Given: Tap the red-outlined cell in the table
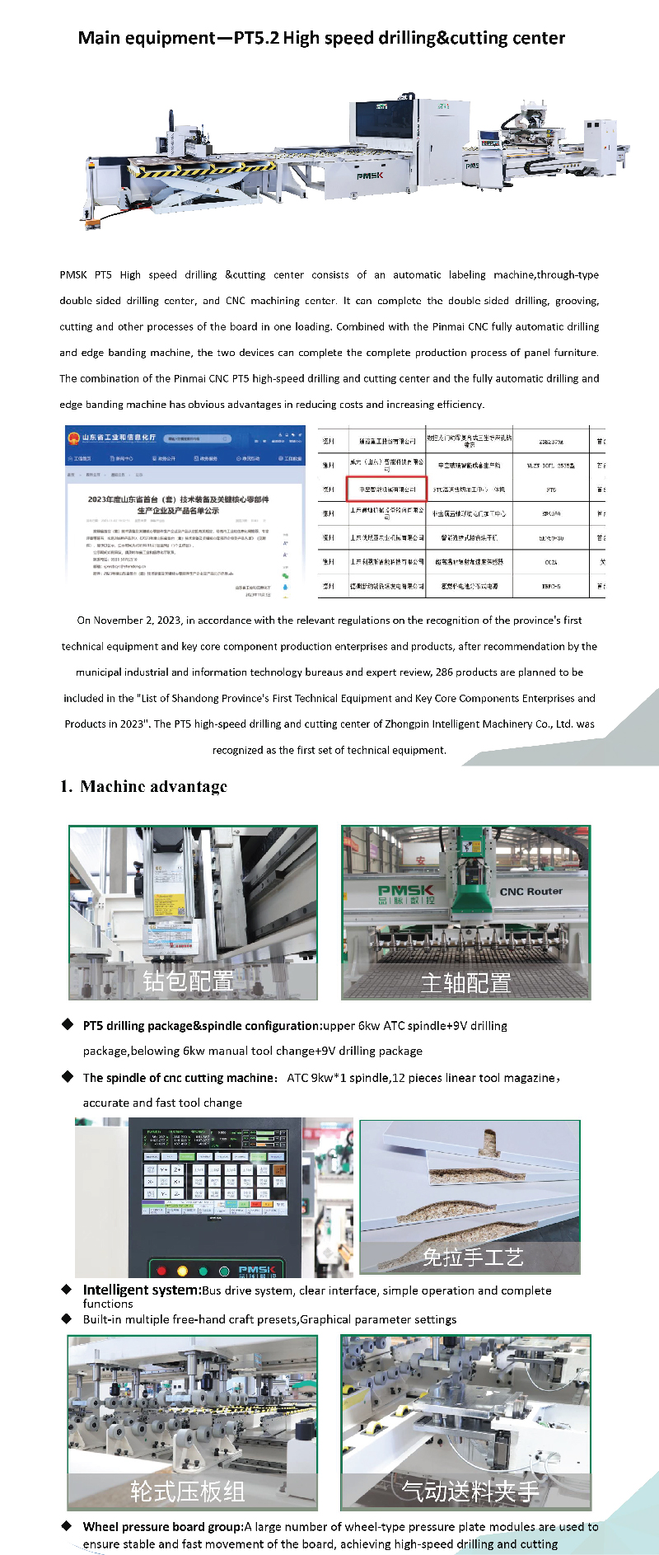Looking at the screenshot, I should coord(386,489).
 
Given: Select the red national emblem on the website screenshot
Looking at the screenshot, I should coord(73,438).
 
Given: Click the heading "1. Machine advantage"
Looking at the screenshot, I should coord(143,786).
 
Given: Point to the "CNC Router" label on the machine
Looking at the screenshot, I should coord(530,891).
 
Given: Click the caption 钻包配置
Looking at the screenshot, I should coord(188,981).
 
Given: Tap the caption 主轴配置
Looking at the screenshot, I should coord(465,982).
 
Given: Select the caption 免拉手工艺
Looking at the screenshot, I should coord(472,1257).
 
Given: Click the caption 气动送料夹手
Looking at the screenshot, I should coord(470,1491).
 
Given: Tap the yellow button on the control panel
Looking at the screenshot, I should coord(182,1271).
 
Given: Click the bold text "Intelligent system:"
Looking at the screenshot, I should coord(142,1290).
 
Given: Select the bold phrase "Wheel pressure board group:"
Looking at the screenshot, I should coord(162,1526).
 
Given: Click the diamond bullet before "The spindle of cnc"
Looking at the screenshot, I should coord(68,1076).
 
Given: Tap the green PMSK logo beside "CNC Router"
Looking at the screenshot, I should coord(405,892).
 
